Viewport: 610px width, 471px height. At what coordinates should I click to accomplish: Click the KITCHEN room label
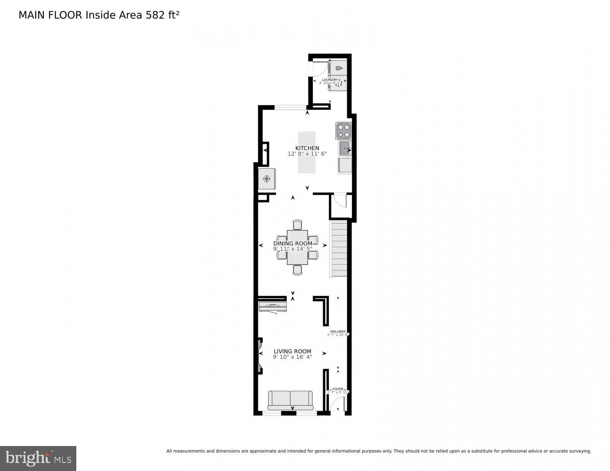coord(307,148)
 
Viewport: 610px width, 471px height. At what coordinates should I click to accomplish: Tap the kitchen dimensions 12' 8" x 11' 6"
coord(307,154)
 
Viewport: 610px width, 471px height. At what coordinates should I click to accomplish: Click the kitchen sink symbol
coord(345,148)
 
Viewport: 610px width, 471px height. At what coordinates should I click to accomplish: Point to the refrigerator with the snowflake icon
coord(267,179)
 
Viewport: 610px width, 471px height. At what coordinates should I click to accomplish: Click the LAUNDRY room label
coord(330,80)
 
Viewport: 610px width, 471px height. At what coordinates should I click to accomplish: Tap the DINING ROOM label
coord(293,244)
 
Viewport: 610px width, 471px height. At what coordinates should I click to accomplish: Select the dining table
coord(297,247)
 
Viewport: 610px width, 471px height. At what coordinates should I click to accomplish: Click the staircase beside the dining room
coord(340,250)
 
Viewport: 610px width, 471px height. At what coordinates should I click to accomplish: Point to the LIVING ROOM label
coord(293,351)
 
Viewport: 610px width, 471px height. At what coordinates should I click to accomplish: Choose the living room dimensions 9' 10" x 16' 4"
coord(293,357)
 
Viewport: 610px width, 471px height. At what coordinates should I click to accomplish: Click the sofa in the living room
coord(290,400)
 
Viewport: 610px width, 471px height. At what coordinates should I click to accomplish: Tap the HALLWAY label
coord(338,332)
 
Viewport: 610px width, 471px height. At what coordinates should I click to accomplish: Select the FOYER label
coord(338,390)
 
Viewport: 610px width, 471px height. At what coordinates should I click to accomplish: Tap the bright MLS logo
coord(38,458)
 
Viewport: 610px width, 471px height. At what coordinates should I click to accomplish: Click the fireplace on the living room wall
coord(260,355)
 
